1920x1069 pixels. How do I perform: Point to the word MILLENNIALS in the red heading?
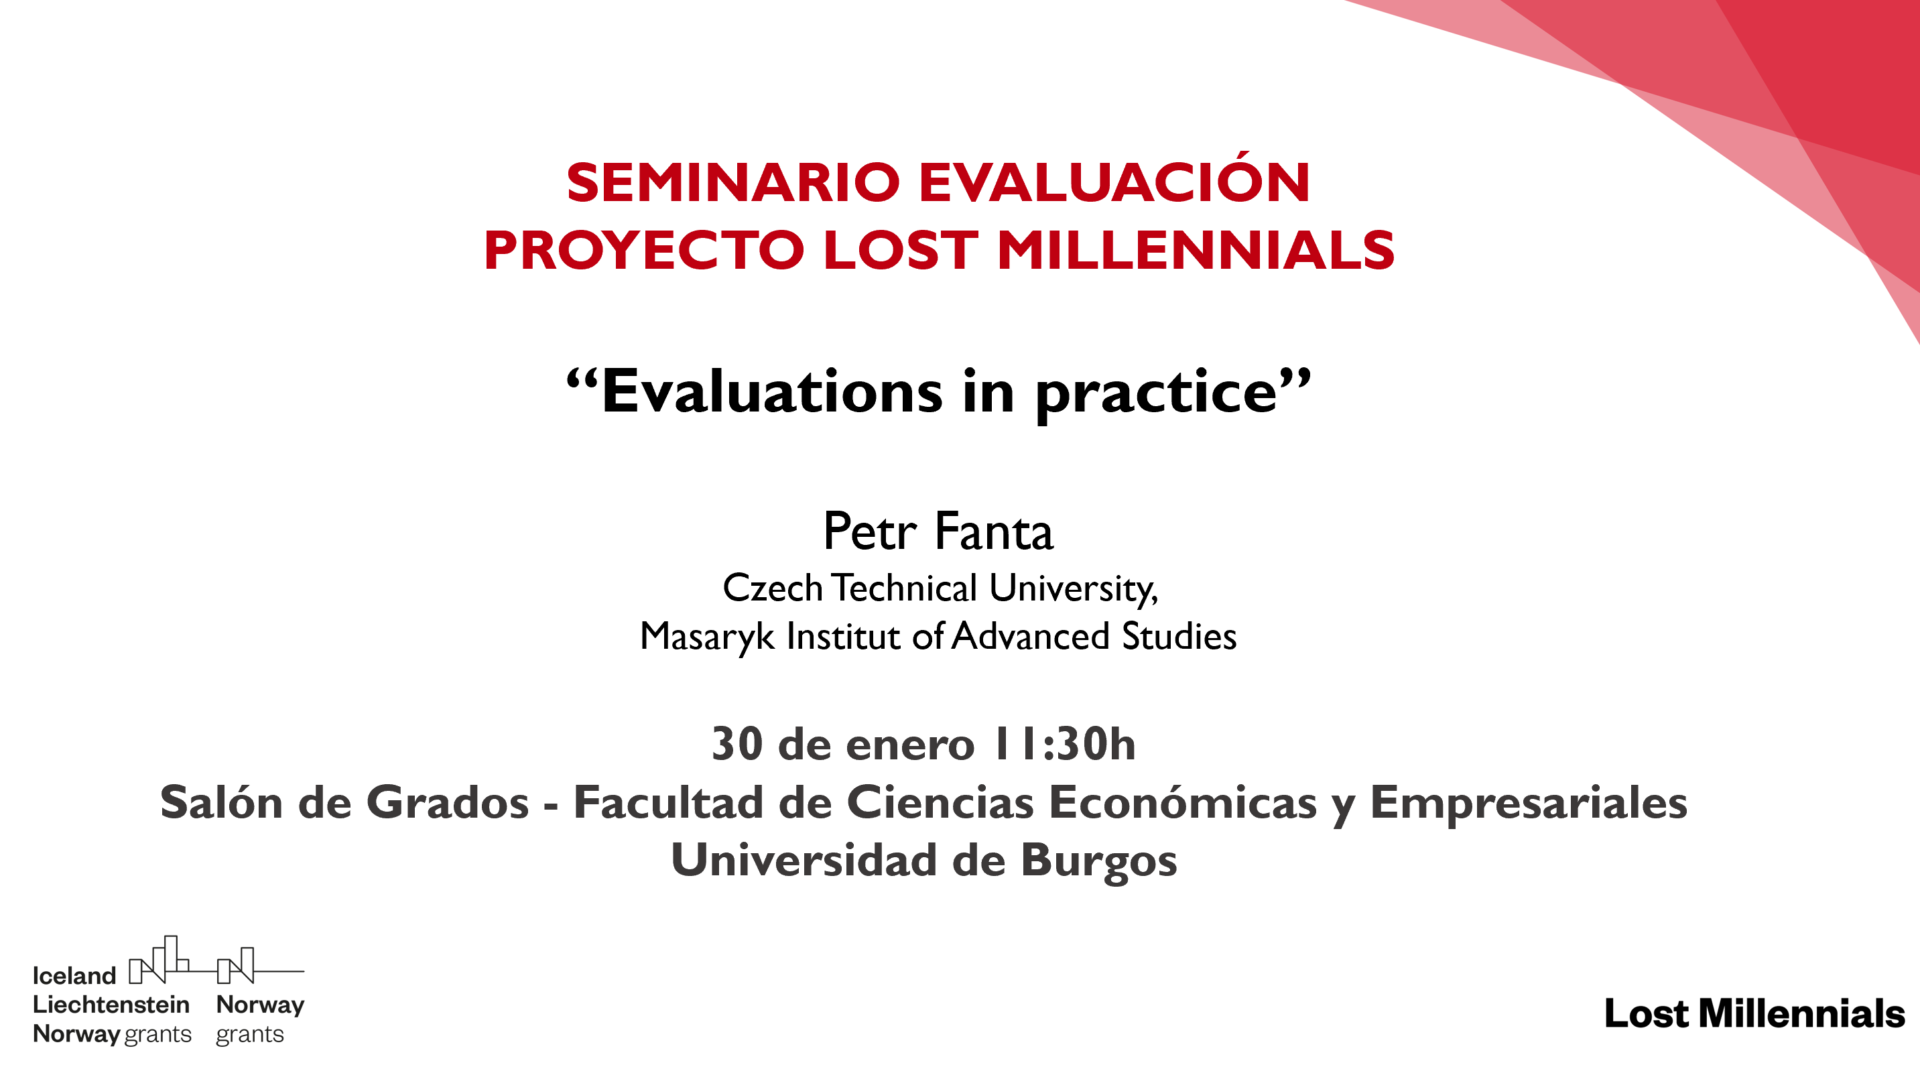[1196, 250]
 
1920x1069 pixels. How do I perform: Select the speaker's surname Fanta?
[994, 531]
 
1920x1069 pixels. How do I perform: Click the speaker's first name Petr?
[869, 531]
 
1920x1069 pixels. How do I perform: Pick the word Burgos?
[1098, 861]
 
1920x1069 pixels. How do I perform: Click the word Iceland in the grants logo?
[74, 975]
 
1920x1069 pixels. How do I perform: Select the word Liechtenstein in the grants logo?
[111, 1004]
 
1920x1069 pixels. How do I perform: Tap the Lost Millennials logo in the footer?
[1754, 1013]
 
